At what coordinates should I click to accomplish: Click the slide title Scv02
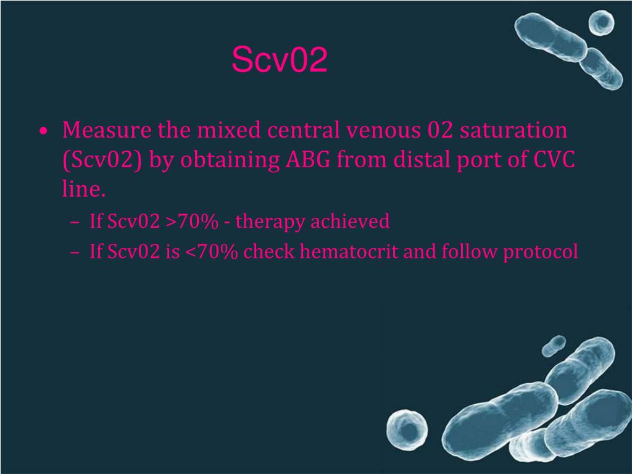[x=279, y=60]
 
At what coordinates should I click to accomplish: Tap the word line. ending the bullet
[x=84, y=189]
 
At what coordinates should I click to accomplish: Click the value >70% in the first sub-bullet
[x=191, y=221]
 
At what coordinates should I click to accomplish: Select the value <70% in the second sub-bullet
[x=210, y=252]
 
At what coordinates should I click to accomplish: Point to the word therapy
[x=270, y=222]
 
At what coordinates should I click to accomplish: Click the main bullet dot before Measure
[x=43, y=131]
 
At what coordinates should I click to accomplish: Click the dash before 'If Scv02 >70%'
[x=75, y=222]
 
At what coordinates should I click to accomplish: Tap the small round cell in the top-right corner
[x=601, y=23]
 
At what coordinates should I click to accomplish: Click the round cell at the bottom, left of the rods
[x=407, y=427]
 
